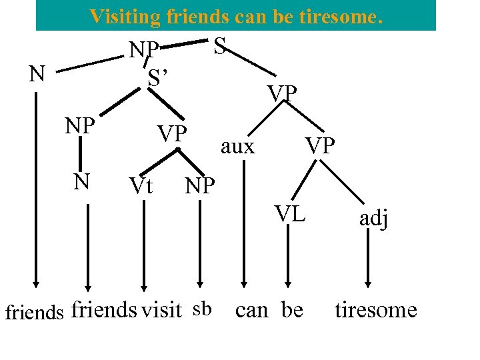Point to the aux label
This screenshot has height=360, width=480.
tap(237, 146)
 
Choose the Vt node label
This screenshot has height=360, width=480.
tap(141, 186)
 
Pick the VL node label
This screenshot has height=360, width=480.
tap(291, 213)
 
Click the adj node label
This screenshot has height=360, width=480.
tap(373, 218)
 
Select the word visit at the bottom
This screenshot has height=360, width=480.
tap(161, 309)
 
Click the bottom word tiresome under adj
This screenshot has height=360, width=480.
tap(375, 310)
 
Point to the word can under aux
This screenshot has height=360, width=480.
tap(252, 310)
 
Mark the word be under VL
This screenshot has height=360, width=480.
tap(292, 310)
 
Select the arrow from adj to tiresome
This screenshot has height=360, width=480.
tap(368, 260)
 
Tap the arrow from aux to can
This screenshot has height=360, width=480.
tap(244, 227)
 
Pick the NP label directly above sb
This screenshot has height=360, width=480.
tap(200, 186)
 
